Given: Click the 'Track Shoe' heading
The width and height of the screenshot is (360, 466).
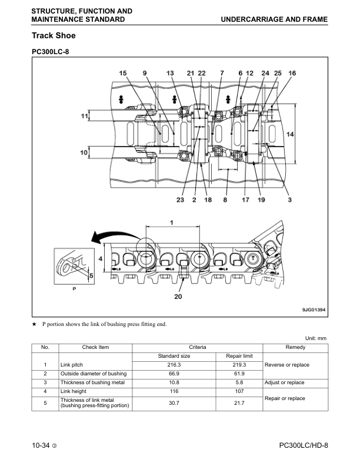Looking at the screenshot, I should point(53,36).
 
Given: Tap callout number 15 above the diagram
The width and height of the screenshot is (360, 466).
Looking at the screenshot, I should point(122,73).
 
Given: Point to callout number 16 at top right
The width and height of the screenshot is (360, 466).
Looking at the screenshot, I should point(292,73).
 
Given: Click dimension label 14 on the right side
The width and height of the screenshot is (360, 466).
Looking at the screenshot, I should point(289,134).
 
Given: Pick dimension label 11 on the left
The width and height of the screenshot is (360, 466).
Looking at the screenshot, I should point(84,116).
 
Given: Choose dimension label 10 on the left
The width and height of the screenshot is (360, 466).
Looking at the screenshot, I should point(84,152).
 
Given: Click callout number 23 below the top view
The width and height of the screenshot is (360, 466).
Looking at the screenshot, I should point(180,200).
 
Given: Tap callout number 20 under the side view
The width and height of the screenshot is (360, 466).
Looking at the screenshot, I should point(178,297).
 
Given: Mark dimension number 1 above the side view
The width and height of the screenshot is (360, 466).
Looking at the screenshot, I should point(172,222).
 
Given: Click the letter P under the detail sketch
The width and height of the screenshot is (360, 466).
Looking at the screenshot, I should point(74,289).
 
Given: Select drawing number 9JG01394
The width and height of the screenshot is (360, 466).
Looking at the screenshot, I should point(312,309).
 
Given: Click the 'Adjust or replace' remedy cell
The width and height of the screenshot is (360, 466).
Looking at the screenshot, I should point(285,382).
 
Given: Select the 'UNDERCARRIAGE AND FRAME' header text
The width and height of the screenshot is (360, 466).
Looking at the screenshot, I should point(274,19).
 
